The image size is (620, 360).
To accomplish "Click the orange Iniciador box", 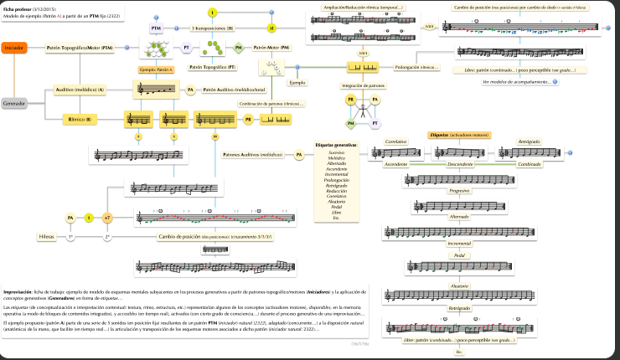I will (14, 49).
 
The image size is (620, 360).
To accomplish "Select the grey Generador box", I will (15, 104).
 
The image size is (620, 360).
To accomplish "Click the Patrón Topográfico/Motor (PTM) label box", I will (80, 49).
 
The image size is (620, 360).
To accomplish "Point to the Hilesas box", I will (47, 237).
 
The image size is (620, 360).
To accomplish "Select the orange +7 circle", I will (106, 219).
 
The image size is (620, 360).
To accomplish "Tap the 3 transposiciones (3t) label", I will (212, 28).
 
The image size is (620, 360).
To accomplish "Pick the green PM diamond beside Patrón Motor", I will (239, 49).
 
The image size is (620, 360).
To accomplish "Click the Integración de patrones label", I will (363, 85).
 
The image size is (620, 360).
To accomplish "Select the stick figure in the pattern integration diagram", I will (363, 111).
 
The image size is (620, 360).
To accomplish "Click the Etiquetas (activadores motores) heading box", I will (458, 135).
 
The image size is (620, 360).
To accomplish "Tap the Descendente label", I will (458, 164).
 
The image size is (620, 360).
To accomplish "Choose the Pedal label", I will (458, 255).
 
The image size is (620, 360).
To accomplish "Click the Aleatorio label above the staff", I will (458, 285).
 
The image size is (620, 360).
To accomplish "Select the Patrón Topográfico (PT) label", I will (212, 65).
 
